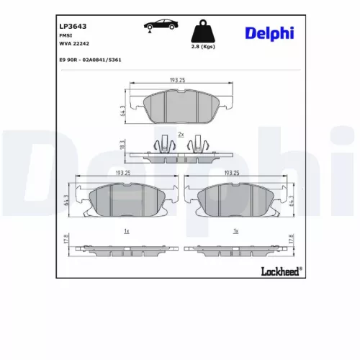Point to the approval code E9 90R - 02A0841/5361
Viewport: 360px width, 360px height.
click(90, 60)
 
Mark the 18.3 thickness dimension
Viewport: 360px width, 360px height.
click(122, 145)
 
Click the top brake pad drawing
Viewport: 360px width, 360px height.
click(180, 106)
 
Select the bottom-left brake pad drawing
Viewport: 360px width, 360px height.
click(127, 199)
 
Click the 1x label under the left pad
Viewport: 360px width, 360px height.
click(126, 230)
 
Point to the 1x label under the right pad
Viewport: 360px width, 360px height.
click(235, 230)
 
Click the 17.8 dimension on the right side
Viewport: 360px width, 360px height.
click(291, 240)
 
